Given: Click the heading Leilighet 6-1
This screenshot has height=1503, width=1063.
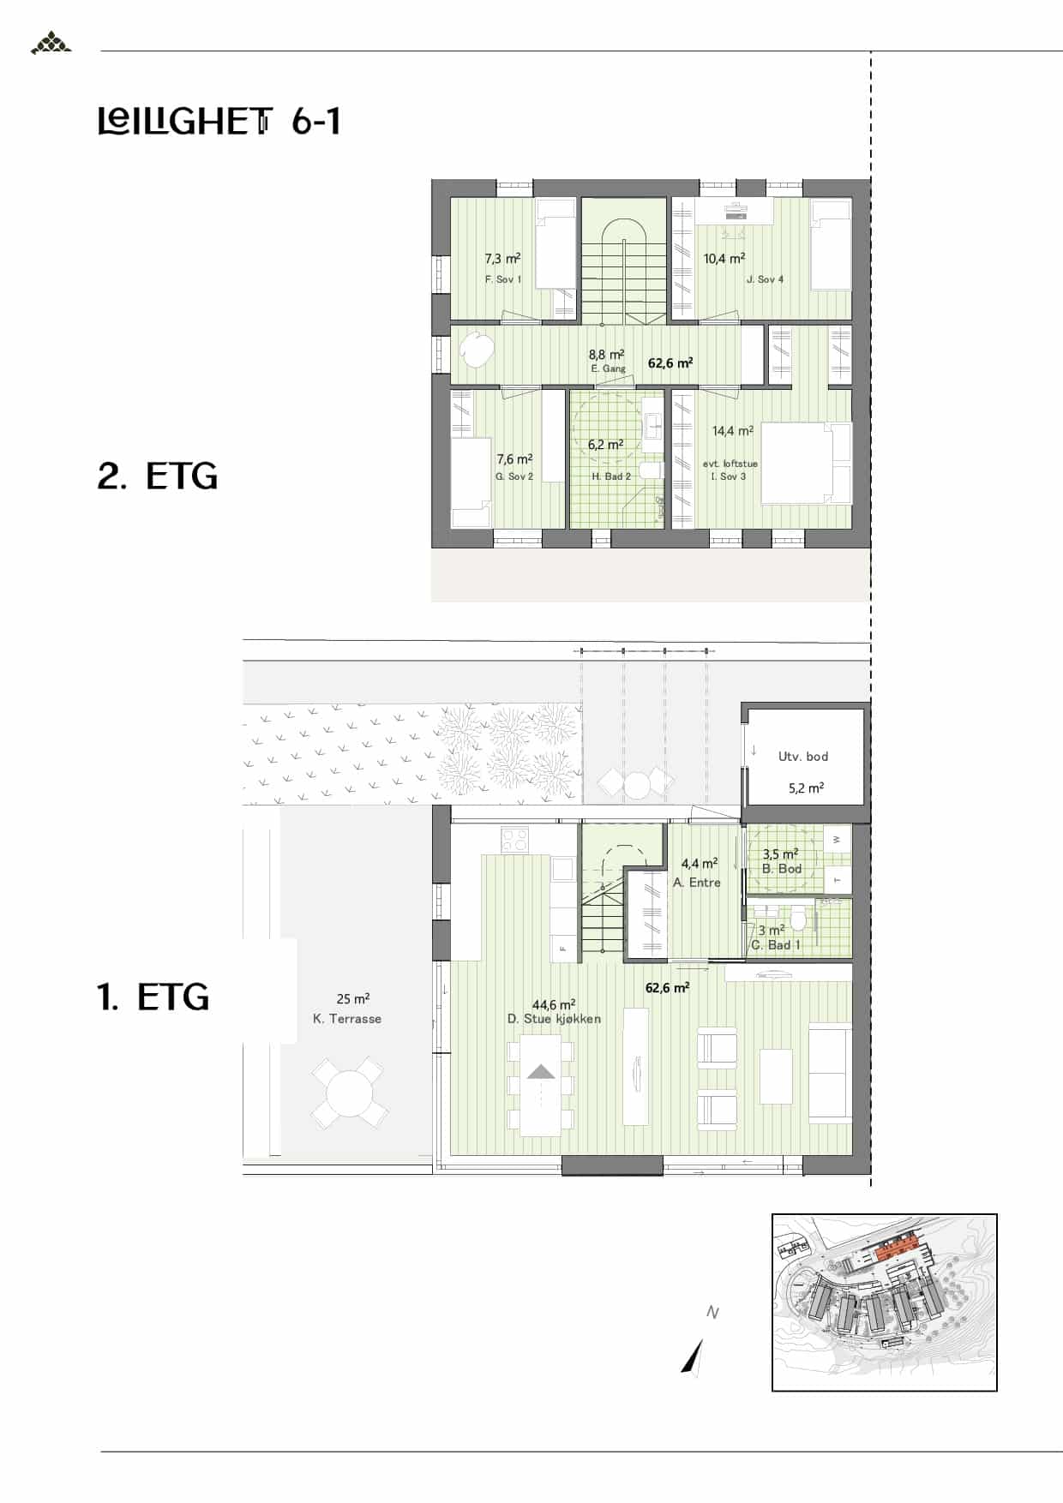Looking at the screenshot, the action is (219, 122).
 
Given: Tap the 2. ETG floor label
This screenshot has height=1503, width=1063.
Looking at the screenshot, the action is (158, 476).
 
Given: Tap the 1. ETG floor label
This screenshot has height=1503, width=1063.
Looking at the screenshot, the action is (153, 997).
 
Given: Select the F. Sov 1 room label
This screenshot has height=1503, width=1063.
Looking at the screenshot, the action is (503, 279).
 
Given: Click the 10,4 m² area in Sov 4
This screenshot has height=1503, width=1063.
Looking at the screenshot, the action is (724, 258).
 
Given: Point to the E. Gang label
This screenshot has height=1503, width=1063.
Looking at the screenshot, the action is (609, 368).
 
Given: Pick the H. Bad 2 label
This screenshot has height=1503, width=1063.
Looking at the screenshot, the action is (611, 476).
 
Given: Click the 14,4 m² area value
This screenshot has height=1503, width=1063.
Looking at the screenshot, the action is (733, 431).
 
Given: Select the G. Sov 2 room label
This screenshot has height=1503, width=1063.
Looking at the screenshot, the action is (514, 476).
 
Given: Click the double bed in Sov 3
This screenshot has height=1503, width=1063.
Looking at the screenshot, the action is (807, 463).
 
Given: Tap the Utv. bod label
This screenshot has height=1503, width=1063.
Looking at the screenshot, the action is (803, 757).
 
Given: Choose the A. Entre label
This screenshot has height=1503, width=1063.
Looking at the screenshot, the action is (697, 883).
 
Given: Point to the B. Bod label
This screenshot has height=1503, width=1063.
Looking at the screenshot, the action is (782, 869).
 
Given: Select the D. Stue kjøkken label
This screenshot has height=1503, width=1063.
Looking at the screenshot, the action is (554, 1019).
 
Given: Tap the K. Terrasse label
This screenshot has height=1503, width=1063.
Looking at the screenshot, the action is (347, 1019).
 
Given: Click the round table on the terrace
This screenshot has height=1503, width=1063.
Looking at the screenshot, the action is (347, 1093).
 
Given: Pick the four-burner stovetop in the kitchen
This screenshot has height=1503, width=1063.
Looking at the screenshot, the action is (515, 839).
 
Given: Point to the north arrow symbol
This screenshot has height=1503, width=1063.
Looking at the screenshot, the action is (693, 1356).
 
